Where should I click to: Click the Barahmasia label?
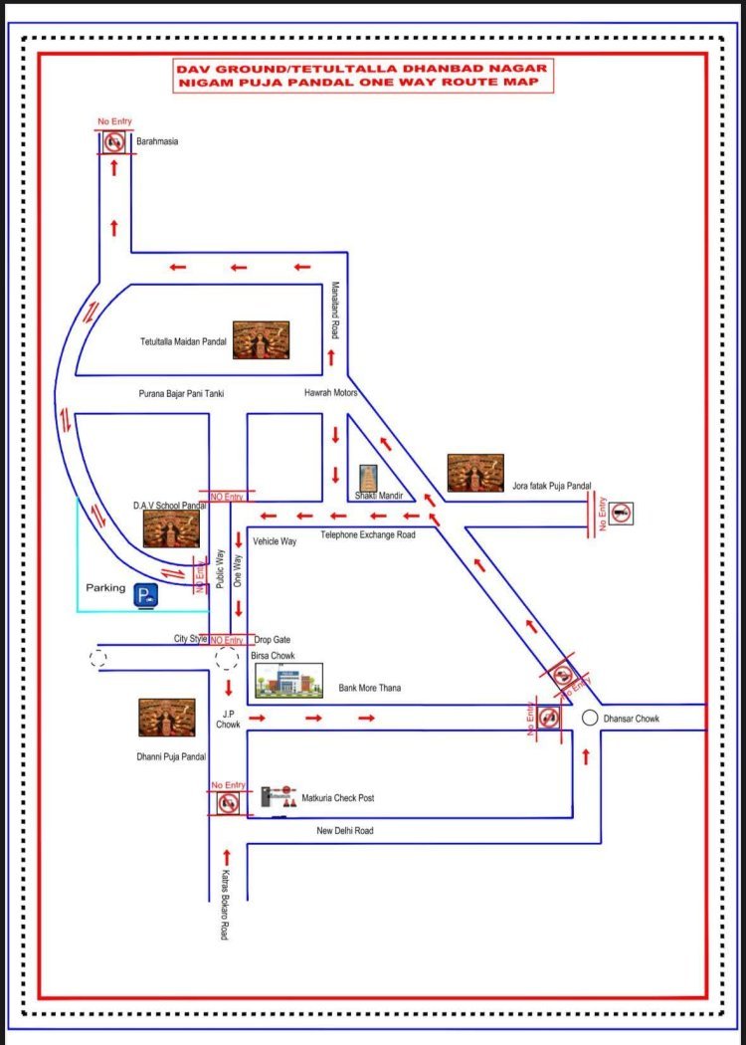pyautogui.click(x=157, y=142)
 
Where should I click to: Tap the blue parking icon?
pyautogui.click(x=146, y=596)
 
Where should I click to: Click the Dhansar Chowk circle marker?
pyautogui.click(x=590, y=718)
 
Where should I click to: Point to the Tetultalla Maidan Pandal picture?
pyautogui.click(x=261, y=340)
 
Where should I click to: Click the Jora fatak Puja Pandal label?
pyautogui.click(x=552, y=487)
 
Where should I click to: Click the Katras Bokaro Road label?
pyautogui.click(x=226, y=906)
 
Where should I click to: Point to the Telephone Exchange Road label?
pyautogui.click(x=367, y=535)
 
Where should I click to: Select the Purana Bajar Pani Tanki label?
pyautogui.click(x=181, y=394)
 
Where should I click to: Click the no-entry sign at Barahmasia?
pyautogui.click(x=114, y=142)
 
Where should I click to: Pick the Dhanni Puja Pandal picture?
pyautogui.click(x=166, y=718)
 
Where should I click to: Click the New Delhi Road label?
pyautogui.click(x=345, y=831)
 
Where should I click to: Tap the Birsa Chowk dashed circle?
pyautogui.click(x=227, y=659)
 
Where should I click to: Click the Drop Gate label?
pyautogui.click(x=272, y=640)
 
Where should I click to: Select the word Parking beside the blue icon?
pyautogui.click(x=105, y=588)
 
